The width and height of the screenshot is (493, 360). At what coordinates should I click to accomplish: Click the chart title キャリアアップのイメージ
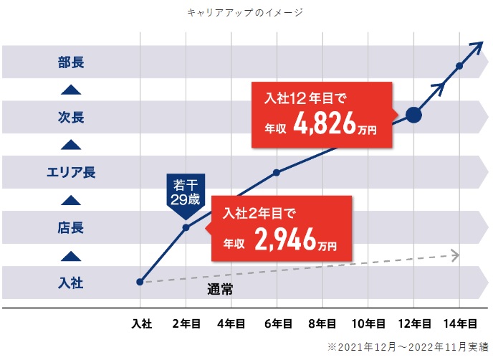coord(245,12)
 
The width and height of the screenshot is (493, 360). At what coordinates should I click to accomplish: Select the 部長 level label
coord(71,62)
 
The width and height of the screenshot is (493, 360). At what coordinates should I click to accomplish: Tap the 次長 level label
coord(71,117)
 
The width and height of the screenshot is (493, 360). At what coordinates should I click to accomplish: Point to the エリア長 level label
coord(70,172)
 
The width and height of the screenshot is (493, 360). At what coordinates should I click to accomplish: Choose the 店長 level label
coord(71,228)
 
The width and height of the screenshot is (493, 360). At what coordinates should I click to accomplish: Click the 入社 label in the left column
coord(71,283)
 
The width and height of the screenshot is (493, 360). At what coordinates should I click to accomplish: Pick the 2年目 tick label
coord(186,324)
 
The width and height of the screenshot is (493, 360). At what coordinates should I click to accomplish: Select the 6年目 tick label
coord(277,324)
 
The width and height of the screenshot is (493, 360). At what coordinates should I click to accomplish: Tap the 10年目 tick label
coord(368,324)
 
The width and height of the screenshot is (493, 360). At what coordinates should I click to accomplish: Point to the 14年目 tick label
coord(459,324)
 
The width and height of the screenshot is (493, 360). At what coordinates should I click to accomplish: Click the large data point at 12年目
coord(414,115)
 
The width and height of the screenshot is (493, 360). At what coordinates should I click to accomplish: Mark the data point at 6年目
coord(277,172)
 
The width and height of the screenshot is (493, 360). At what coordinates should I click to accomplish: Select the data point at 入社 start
coord(140,282)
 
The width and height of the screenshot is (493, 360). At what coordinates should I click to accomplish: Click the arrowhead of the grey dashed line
coord(454,255)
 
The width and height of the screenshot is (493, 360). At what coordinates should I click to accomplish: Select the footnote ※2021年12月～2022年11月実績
coord(407,346)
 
